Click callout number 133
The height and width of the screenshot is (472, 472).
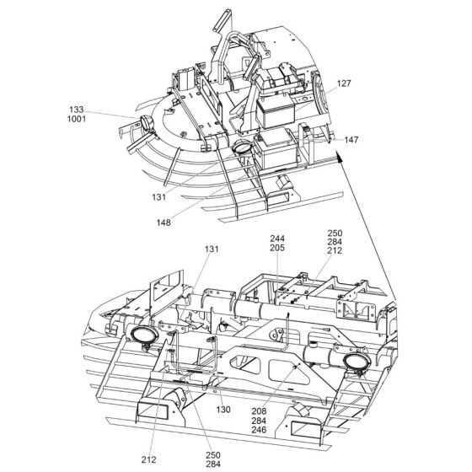coord(76,110)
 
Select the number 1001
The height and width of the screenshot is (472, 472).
coord(77,119)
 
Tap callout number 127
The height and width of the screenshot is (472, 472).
coord(344,83)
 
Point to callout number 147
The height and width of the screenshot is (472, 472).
coord(351,140)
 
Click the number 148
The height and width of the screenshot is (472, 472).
coord(164,223)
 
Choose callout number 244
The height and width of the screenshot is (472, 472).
coord(277,239)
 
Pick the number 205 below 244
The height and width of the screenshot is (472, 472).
coord(277,248)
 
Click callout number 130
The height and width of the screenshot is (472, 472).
coord(223,410)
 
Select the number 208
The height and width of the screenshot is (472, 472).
coord(259,411)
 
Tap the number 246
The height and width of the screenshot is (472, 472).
coord(259,430)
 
